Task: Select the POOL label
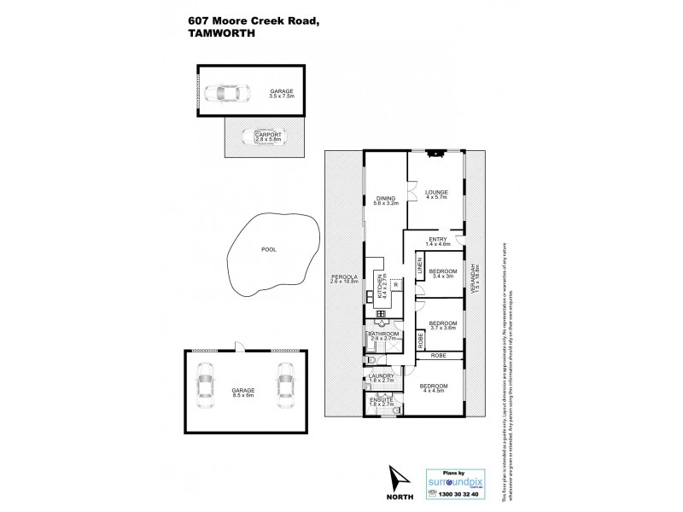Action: [x=269, y=251]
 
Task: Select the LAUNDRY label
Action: [x=381, y=375]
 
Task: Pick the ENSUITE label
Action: [x=381, y=398]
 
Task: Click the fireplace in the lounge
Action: [x=436, y=154]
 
